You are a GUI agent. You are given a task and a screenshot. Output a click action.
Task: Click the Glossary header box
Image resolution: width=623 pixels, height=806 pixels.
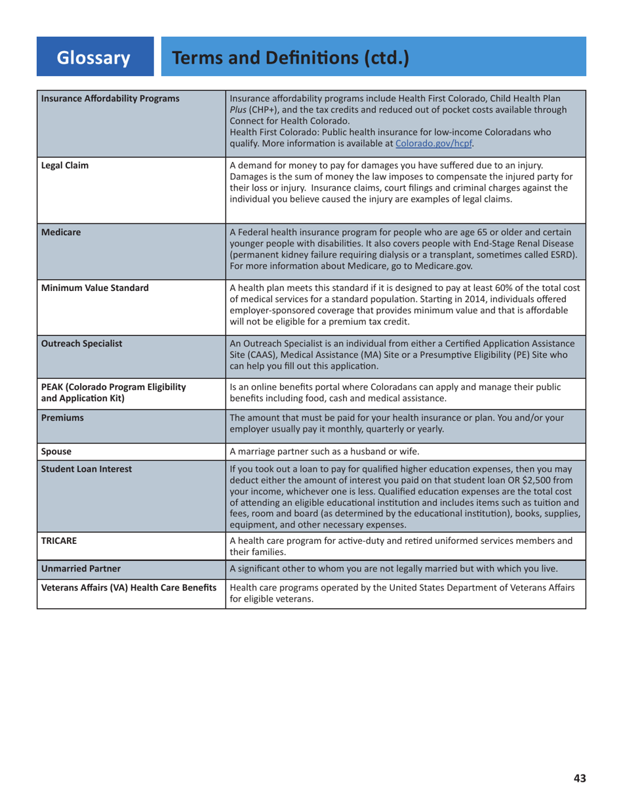click(94, 58)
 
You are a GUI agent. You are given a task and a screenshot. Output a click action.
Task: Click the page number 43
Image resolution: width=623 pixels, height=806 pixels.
click(579, 778)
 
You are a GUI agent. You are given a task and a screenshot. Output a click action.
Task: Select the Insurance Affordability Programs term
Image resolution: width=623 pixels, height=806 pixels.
click(110, 98)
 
